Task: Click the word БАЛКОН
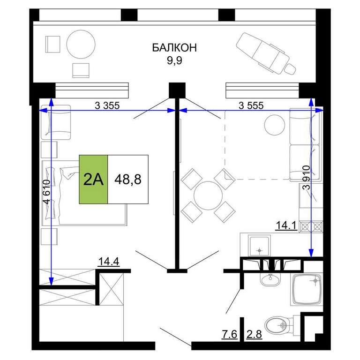point(174,48)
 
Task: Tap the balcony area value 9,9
point(174,60)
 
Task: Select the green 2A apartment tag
point(93,180)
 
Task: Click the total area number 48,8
point(128,180)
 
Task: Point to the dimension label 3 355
point(107,105)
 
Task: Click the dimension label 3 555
point(251,105)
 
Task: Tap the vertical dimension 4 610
point(46,192)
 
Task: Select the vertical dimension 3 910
point(307,178)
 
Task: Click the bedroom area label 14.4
point(109,262)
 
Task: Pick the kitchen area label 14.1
point(286,225)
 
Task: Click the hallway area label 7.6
point(229,334)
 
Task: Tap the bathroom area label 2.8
point(254,334)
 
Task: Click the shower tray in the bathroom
point(307,289)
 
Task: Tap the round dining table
point(208,195)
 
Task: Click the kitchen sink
point(259,246)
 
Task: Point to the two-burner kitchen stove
point(311,227)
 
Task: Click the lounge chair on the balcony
point(266,54)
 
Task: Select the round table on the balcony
point(81,45)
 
